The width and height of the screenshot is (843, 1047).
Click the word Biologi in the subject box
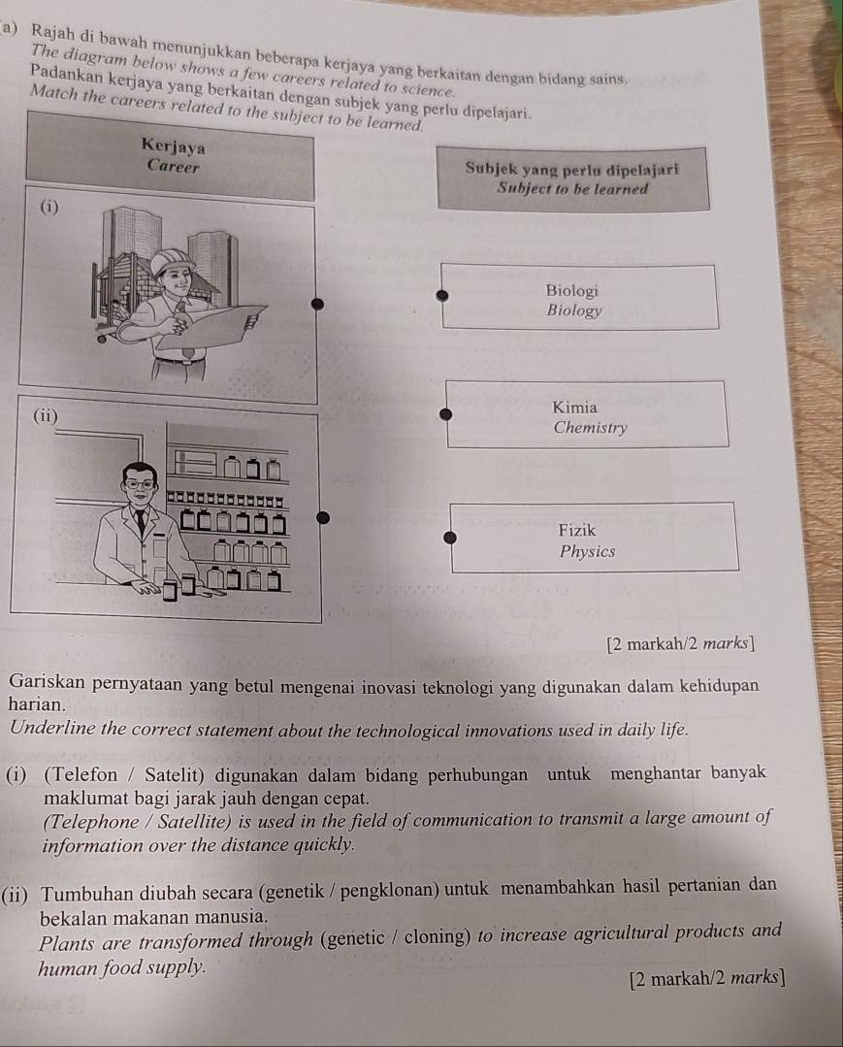(571, 290)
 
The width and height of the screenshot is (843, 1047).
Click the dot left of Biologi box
(441, 295)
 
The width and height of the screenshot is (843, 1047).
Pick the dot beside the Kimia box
(445, 413)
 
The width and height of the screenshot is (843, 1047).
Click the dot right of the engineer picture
(315, 305)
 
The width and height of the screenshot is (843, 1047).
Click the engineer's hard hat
(174, 258)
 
